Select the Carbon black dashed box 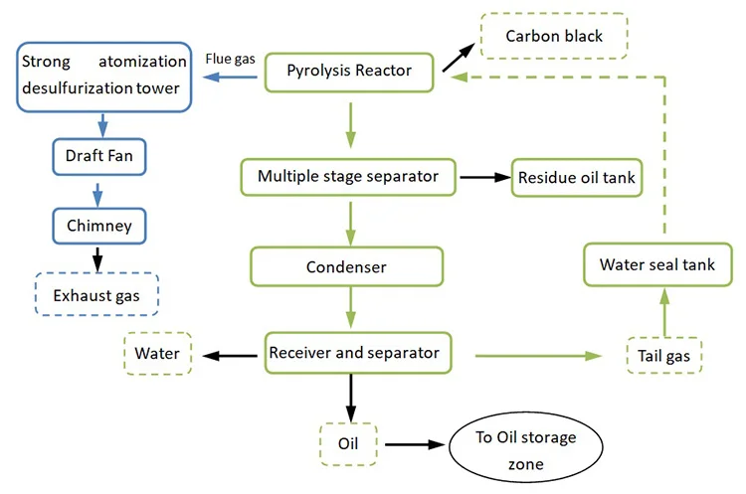point(553,37)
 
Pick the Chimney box point(98,226)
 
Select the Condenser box point(347,267)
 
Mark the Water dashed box point(156,353)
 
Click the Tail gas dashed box point(664,355)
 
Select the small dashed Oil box point(349,441)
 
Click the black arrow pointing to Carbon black point(458,56)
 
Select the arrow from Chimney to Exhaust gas point(98,257)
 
